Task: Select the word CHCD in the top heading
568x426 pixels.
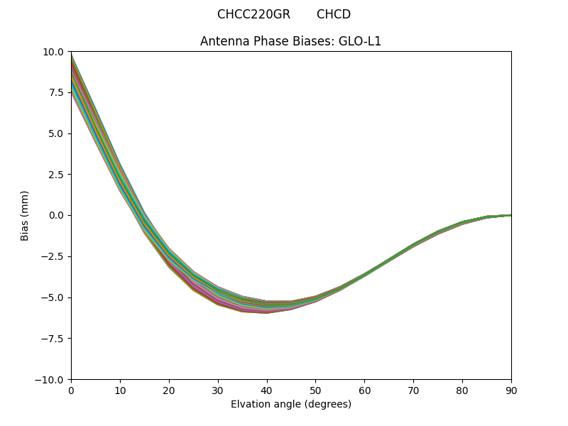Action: point(334,14)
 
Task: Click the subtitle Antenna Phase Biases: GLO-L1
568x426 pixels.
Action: point(290,41)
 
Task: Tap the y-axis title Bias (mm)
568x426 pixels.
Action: point(25,215)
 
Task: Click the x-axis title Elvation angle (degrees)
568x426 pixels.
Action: point(290,404)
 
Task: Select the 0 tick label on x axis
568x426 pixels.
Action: point(71,390)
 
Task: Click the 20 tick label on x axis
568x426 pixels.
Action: point(169,390)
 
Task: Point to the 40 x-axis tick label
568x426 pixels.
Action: point(267,390)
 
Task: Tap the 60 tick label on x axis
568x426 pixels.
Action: point(364,390)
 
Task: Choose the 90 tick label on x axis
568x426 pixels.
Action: point(511,390)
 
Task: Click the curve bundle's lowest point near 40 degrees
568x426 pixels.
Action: point(267,312)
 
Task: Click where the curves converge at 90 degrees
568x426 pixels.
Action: point(510,215)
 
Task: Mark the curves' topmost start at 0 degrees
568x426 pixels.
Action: point(72,54)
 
